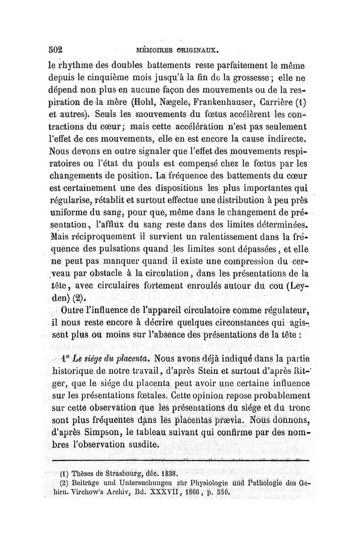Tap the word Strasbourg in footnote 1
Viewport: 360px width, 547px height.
pos(119,473)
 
